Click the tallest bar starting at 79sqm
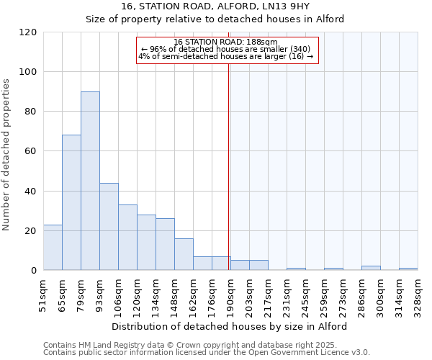click(x=90, y=181)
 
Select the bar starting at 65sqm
click(x=71, y=202)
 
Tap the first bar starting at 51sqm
click(x=53, y=248)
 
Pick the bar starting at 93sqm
click(x=109, y=227)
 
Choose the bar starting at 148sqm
click(x=184, y=254)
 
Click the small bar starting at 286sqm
click(x=371, y=268)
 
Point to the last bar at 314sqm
click(x=408, y=269)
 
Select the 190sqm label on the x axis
click(x=230, y=294)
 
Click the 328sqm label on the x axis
click(x=418, y=294)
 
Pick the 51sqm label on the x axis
click(x=43, y=294)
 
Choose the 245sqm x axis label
click(x=305, y=294)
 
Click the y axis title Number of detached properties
click(x=7, y=155)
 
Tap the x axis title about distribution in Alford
click(x=230, y=326)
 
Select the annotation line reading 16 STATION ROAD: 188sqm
click(x=225, y=42)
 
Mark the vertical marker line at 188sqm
click(x=228, y=166)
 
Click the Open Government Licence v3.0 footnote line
click(x=207, y=353)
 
